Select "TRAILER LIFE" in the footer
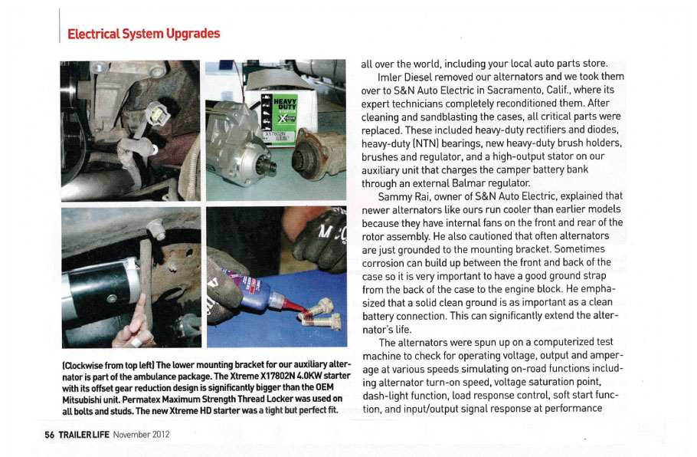point(83,434)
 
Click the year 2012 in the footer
point(158,434)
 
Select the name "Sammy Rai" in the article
point(405,196)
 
